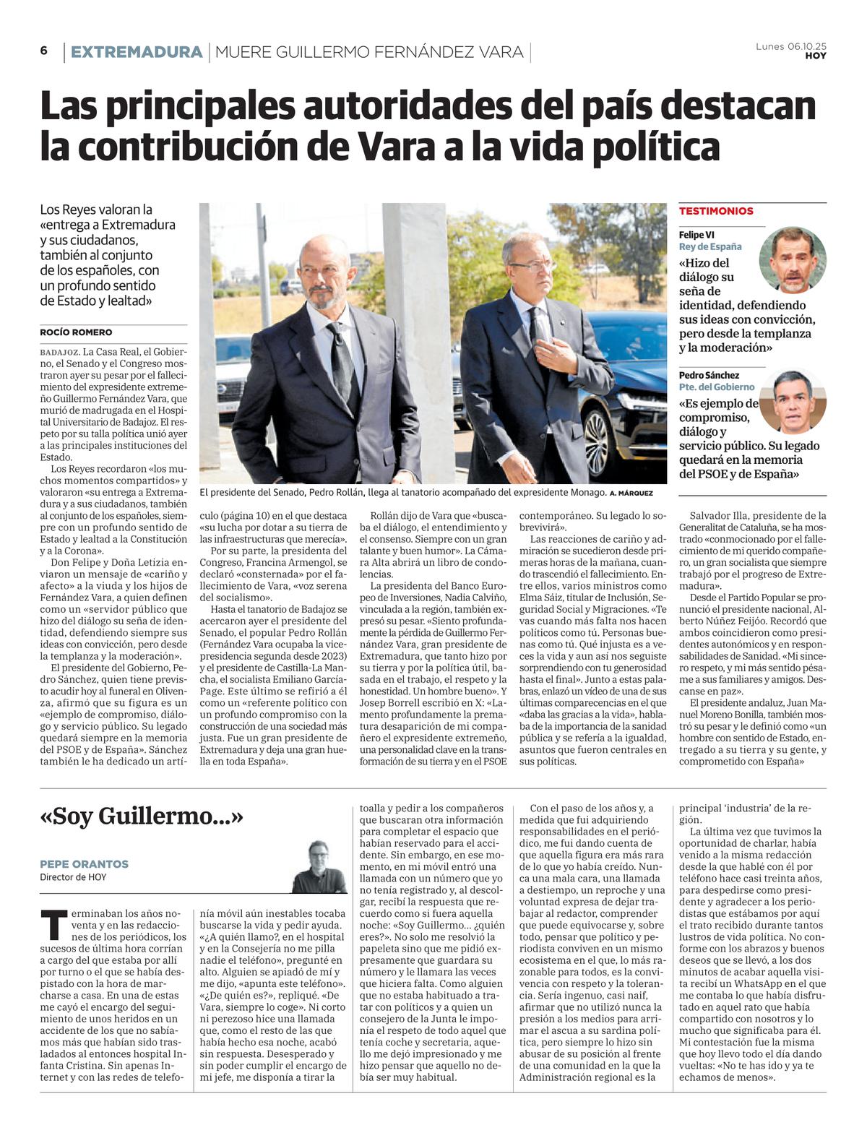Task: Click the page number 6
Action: (x=43, y=51)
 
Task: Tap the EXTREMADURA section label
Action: (x=136, y=52)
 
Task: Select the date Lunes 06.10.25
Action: (x=790, y=46)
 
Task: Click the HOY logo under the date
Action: (x=816, y=56)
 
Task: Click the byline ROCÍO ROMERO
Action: (x=76, y=332)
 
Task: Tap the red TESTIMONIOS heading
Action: (x=716, y=211)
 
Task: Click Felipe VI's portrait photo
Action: (x=793, y=259)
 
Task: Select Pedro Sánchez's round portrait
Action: (x=793, y=401)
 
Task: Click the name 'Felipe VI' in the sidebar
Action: (x=696, y=235)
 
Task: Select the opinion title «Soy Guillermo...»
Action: (x=142, y=816)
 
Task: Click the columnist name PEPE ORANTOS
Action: (x=84, y=863)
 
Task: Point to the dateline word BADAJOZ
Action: (x=59, y=352)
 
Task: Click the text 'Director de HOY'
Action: (x=73, y=877)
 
